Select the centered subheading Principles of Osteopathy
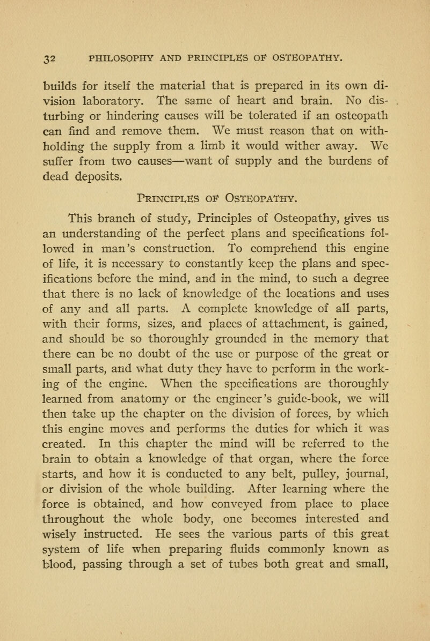[x=214, y=204]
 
